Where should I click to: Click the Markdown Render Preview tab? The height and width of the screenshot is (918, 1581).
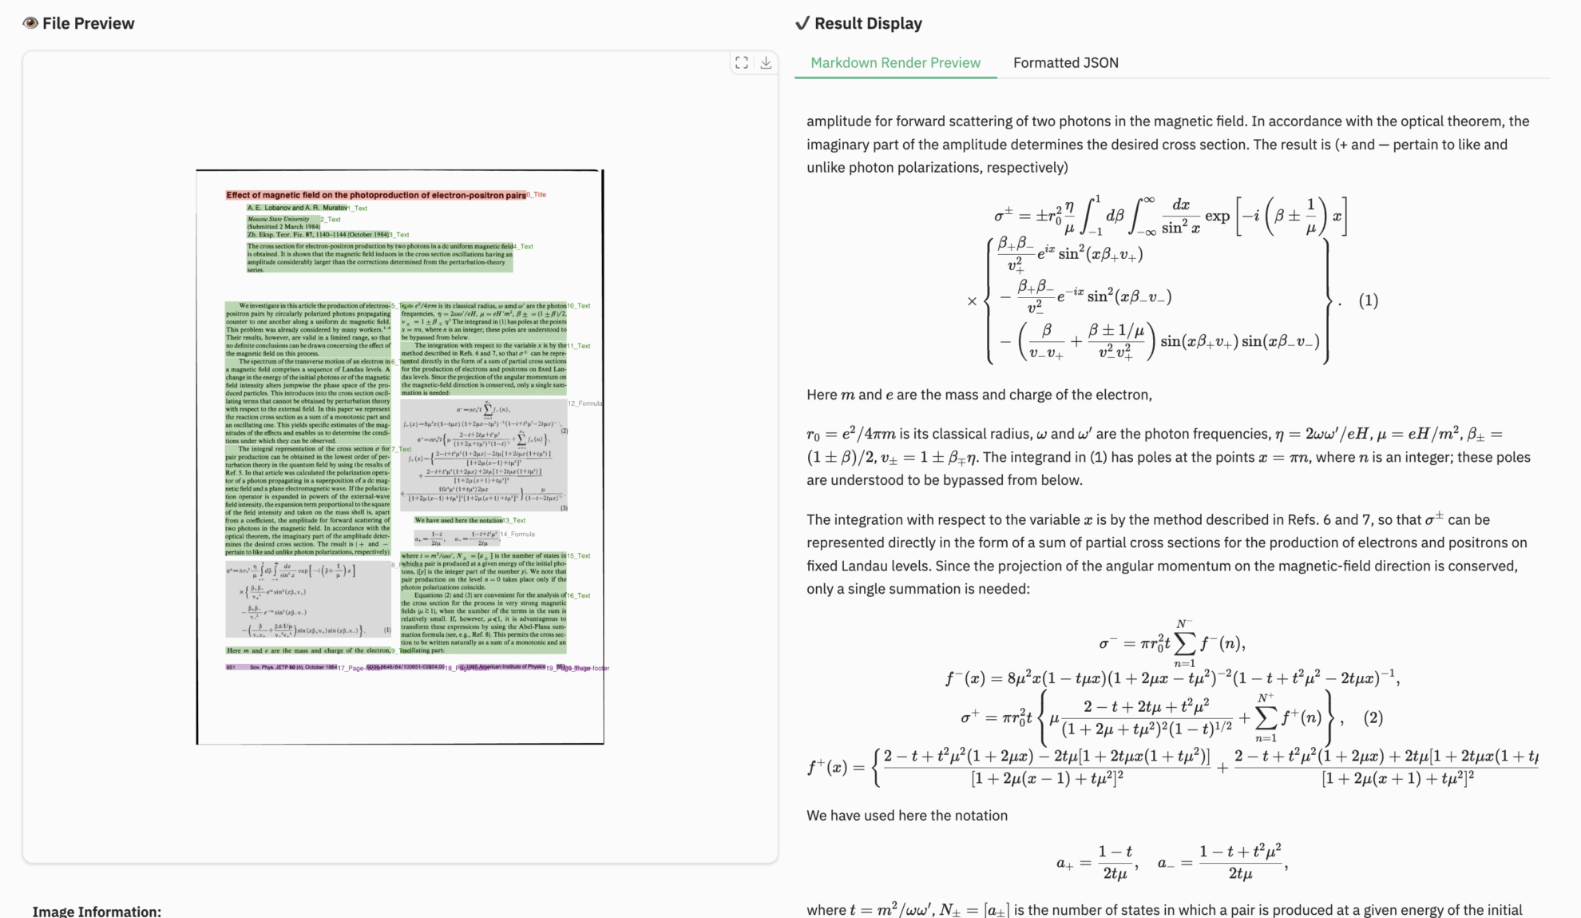click(895, 63)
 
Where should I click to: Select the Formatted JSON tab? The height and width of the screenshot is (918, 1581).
click(1065, 63)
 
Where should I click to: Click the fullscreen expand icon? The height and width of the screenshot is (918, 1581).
click(742, 62)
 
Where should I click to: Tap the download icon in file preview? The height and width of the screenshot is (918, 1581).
click(766, 62)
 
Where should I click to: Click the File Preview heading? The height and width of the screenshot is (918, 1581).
click(88, 23)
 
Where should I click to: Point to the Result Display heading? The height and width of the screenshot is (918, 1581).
click(868, 23)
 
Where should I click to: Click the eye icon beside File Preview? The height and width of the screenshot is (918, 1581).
click(30, 23)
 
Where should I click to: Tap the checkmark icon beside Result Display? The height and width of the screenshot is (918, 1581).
click(802, 23)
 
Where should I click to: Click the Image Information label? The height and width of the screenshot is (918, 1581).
click(97, 911)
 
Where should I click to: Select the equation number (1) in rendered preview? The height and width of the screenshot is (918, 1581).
click(1368, 300)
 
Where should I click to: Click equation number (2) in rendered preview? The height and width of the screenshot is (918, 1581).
click(1373, 717)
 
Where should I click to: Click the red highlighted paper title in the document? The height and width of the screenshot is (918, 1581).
click(375, 195)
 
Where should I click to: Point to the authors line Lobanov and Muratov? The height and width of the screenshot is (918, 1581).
click(297, 208)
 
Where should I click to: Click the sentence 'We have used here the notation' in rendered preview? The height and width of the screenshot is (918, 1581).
click(906, 815)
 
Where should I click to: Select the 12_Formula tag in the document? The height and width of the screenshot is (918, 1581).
click(584, 403)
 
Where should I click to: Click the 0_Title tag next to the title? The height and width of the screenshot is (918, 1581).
click(537, 195)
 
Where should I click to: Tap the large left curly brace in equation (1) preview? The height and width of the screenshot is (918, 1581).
click(990, 300)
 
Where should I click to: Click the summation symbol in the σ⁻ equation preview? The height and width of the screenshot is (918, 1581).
click(1185, 643)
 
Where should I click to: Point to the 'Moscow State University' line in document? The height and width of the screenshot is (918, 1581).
click(278, 219)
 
